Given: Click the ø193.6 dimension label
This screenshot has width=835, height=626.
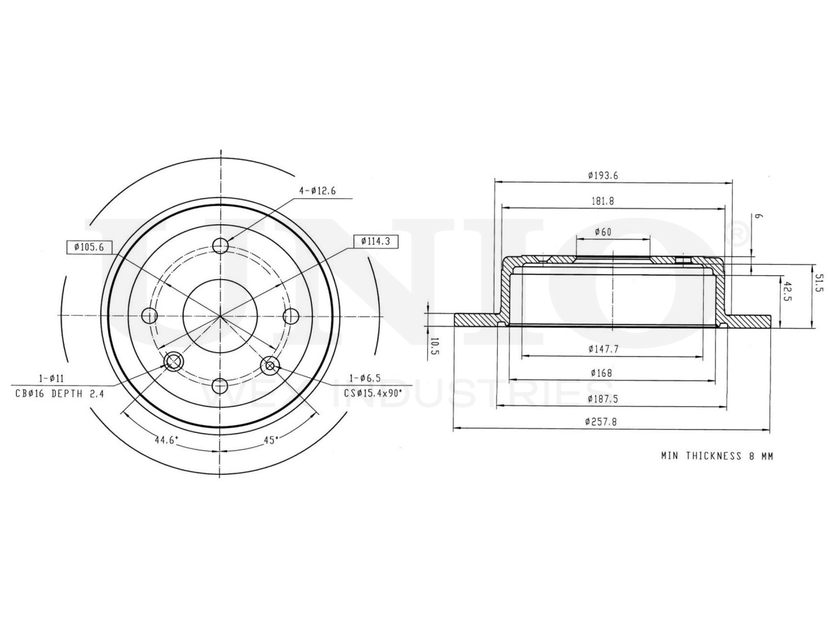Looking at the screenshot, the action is pyautogui.click(x=603, y=175).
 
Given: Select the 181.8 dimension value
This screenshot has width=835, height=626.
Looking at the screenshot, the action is pyautogui.click(x=603, y=201).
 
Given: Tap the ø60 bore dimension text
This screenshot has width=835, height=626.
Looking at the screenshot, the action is pyautogui.click(x=603, y=231).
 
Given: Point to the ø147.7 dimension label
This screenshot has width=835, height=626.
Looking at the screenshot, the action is pyautogui.click(x=603, y=348).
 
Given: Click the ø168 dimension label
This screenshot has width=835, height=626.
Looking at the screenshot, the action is pyautogui.click(x=601, y=373).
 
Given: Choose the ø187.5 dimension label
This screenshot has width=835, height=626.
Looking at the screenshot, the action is pyautogui.click(x=603, y=398).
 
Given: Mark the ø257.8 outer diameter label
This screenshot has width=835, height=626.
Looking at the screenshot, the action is pyautogui.click(x=601, y=421).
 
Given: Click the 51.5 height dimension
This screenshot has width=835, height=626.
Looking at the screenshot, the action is pyautogui.click(x=818, y=283).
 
